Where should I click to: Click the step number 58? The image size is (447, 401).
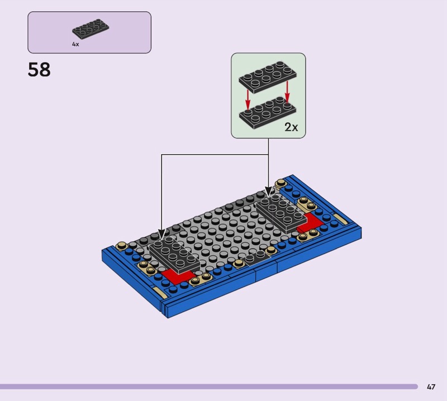click(39, 70)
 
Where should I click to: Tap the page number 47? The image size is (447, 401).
click(431, 386)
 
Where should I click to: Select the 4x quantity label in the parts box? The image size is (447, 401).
click(75, 44)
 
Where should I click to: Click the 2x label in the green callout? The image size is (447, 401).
click(291, 127)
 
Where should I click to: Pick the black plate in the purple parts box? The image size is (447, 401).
click(90, 30)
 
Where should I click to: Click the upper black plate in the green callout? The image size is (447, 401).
click(267, 77)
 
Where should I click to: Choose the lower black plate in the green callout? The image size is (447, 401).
click(267, 110)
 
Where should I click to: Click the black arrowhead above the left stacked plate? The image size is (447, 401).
click(161, 235)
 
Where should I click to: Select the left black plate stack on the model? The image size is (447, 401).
click(173, 256)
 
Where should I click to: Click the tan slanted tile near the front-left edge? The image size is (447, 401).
click(159, 293)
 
